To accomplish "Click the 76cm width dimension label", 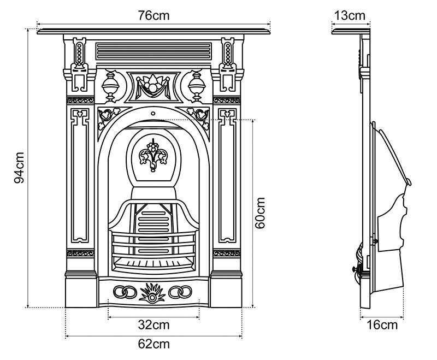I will point(153,15).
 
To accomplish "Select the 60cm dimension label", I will point(260,213).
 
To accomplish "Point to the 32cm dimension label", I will point(153,325).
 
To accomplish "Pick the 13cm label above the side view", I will point(350,15).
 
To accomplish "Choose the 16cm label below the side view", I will point(381,325).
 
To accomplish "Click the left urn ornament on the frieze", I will point(111,86).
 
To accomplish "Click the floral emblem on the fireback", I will point(153,155).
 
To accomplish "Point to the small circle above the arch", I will point(153,115).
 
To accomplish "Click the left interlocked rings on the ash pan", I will point(125,292).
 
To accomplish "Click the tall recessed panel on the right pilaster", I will point(227,178).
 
